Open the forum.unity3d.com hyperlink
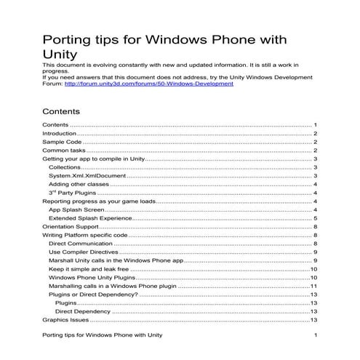[149, 84]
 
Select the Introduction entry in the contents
[59, 134]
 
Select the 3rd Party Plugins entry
[72, 193]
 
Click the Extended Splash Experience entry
[89, 218]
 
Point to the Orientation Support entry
[71, 227]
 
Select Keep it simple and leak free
[88, 268]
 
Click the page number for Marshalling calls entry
[314, 285]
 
